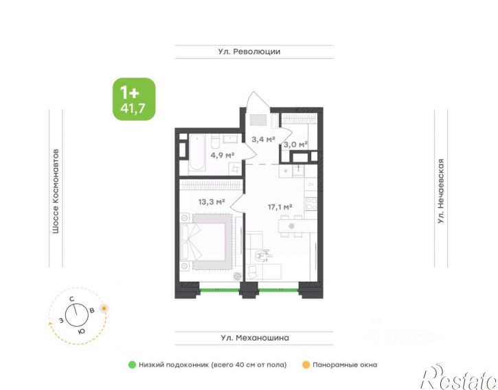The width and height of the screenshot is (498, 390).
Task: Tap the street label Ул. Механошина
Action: click(255, 338)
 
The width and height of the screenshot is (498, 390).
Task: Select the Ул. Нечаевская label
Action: click(442, 191)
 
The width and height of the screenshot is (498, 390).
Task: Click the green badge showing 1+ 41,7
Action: click(134, 99)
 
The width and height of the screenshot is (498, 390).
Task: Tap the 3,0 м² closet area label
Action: click(296, 145)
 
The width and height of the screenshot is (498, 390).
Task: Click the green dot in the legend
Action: click(132, 365)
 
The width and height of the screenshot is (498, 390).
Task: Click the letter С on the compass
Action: click(71, 299)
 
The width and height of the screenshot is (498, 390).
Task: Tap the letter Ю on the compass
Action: click(81, 330)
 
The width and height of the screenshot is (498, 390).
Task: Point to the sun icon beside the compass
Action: click(104, 308)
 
